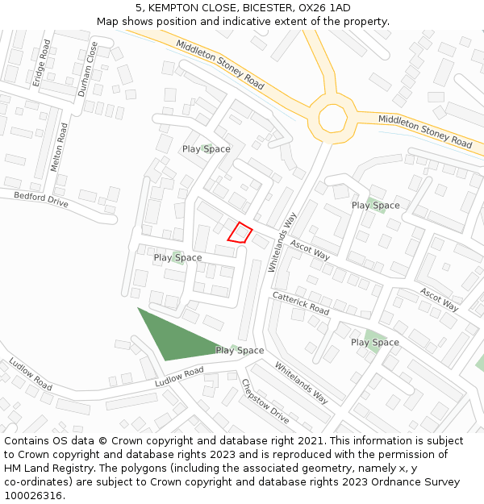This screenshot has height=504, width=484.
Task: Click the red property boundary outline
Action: point(240,232)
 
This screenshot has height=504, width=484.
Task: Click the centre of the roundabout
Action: point(332,118)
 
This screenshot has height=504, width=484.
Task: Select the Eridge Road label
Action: point(41,63)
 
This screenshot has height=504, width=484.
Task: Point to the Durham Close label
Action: point(87,70)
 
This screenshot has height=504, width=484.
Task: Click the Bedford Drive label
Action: point(40,199)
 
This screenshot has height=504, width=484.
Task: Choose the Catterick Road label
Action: point(300,303)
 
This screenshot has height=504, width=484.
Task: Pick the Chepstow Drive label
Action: point(265,402)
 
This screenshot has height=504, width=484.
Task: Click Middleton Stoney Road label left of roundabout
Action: point(219,65)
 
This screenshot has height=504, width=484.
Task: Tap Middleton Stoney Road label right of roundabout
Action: point(425,131)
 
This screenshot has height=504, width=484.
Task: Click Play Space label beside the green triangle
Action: point(240,350)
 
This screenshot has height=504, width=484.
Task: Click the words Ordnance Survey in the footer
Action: point(419,481)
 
